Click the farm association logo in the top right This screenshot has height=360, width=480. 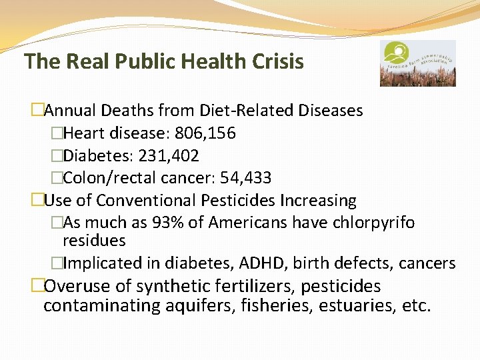click(x=418, y=63)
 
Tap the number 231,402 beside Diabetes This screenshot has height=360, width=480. click(x=169, y=156)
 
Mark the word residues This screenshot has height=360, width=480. click(x=94, y=240)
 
